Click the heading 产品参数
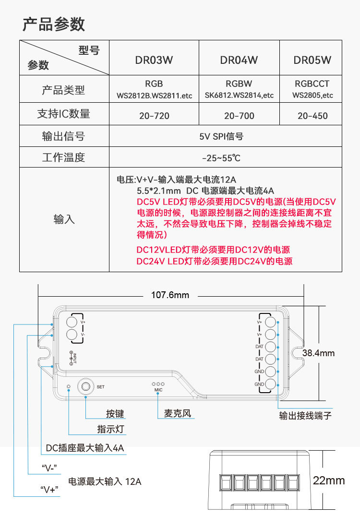point(54,24)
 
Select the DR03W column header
point(154,60)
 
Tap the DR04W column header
point(239,60)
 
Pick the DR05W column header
point(312,60)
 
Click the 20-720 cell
point(154,116)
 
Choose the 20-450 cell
point(312,116)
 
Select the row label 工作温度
point(64,157)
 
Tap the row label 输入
point(64,220)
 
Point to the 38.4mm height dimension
point(318,353)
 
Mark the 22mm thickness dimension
point(329,480)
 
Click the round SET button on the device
point(86,386)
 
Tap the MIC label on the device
point(158,390)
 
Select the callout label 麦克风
point(177,413)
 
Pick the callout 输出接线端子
point(305,415)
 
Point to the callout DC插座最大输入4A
point(85,448)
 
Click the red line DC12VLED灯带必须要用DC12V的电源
point(213,250)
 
